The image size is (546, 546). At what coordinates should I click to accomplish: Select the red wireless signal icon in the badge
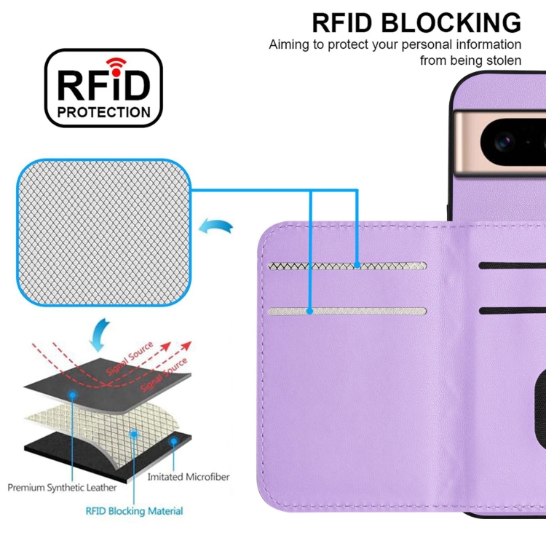(x=115, y=64)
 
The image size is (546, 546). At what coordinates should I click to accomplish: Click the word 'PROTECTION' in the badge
(x=104, y=112)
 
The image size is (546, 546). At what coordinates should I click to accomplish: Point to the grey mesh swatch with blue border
(x=106, y=233)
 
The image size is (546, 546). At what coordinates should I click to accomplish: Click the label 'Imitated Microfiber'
(x=188, y=478)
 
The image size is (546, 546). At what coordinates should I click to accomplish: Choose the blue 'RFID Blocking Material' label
(x=134, y=511)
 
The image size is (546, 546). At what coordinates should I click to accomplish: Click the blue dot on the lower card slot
(x=310, y=312)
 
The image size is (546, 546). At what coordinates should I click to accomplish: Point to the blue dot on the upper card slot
(x=357, y=265)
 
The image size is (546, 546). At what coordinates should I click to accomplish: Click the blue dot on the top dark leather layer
(x=73, y=394)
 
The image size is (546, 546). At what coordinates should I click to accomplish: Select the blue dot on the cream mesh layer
(x=134, y=431)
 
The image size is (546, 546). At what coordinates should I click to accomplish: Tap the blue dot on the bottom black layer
(x=173, y=441)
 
